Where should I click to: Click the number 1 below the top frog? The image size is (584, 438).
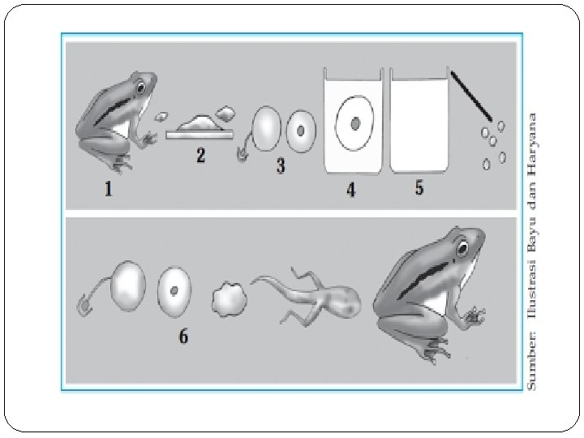pyautogui.click(x=108, y=189)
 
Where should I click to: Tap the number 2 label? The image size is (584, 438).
pyautogui.click(x=201, y=155)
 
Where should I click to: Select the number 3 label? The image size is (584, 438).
pyautogui.click(x=281, y=165)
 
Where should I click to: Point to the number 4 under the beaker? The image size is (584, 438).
pyautogui.click(x=351, y=190)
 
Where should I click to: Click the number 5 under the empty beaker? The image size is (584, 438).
pyautogui.click(x=419, y=187)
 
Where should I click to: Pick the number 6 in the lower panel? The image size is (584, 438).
pyautogui.click(x=183, y=336)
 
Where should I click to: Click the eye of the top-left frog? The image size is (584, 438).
pyautogui.click(x=141, y=88)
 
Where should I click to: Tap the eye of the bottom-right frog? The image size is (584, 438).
pyautogui.click(x=462, y=247)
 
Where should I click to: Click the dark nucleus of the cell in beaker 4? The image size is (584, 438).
pyautogui.click(x=355, y=123)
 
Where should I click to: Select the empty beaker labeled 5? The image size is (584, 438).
pyautogui.click(x=419, y=120)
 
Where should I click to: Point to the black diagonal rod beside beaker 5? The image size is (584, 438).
pyautogui.click(x=471, y=96)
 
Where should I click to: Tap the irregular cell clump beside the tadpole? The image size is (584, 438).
pyautogui.click(x=230, y=299)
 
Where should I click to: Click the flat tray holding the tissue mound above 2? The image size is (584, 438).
pyautogui.click(x=200, y=135)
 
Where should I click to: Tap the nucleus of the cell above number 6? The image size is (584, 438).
pyautogui.click(x=174, y=290)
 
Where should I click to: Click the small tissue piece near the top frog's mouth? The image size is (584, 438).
pyautogui.click(x=161, y=117)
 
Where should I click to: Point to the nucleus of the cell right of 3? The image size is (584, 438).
pyautogui.click(x=301, y=131)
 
